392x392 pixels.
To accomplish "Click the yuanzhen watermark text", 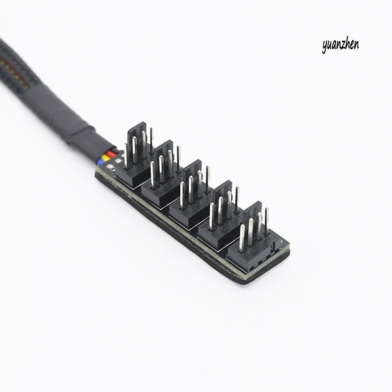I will [340, 45].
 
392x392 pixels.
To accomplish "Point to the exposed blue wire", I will [103, 163].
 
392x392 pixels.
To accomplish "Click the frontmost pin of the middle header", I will [182, 194].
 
